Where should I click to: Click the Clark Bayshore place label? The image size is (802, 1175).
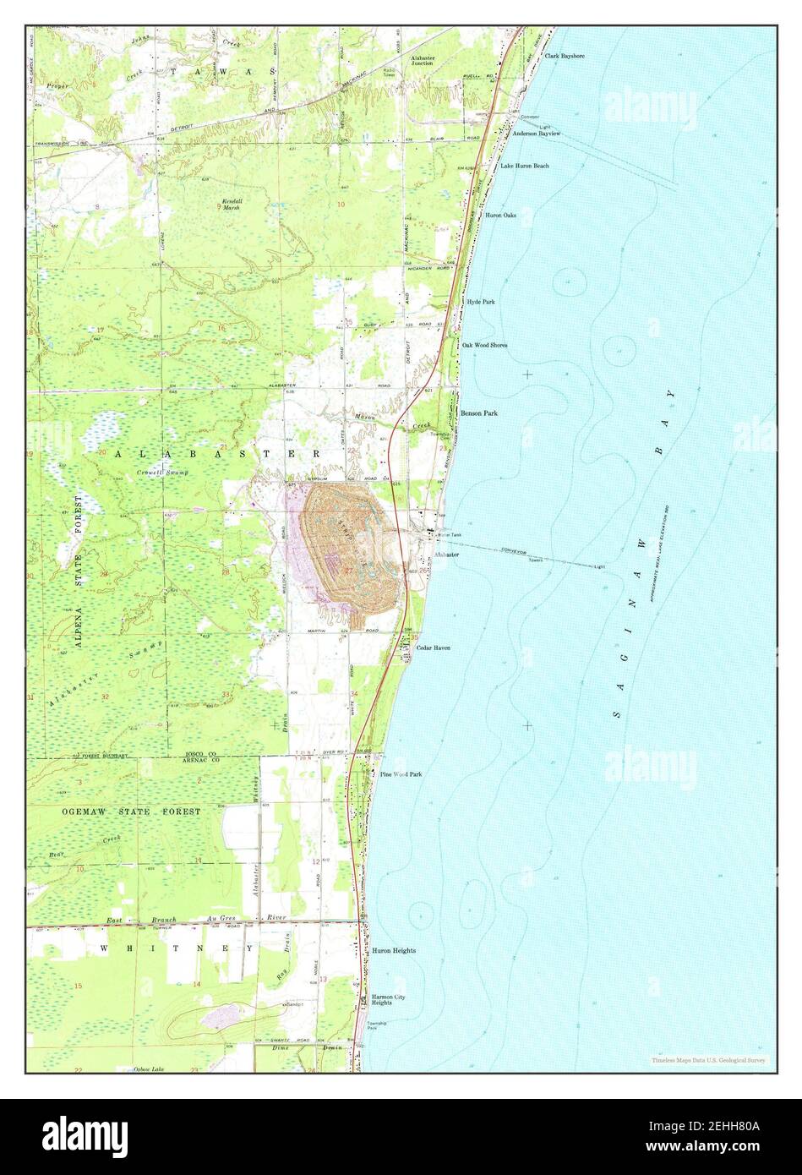click(565, 56)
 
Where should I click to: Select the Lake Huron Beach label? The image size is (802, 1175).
click(524, 166)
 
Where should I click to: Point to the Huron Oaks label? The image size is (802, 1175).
click(500, 216)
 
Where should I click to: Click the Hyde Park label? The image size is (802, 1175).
click(480, 301)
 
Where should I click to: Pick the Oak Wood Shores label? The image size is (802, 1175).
click(484, 345)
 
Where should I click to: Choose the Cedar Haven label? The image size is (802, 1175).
click(433, 648)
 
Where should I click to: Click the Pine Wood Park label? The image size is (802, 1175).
click(401, 773)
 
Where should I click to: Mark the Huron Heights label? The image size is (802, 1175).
click(394, 951)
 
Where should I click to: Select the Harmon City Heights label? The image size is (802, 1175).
click(394, 1001)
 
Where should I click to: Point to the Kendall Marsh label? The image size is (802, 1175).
click(232, 204)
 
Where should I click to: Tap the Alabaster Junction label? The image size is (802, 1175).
click(423, 60)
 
